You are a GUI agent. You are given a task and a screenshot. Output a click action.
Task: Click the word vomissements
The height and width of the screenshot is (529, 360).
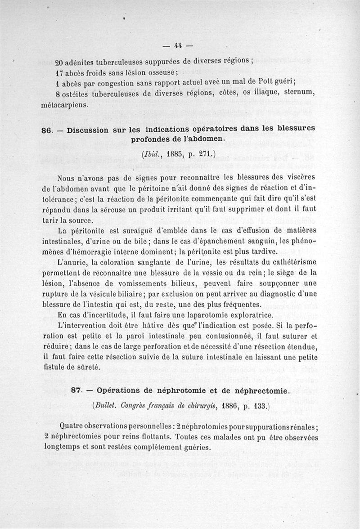coord(164,283)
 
